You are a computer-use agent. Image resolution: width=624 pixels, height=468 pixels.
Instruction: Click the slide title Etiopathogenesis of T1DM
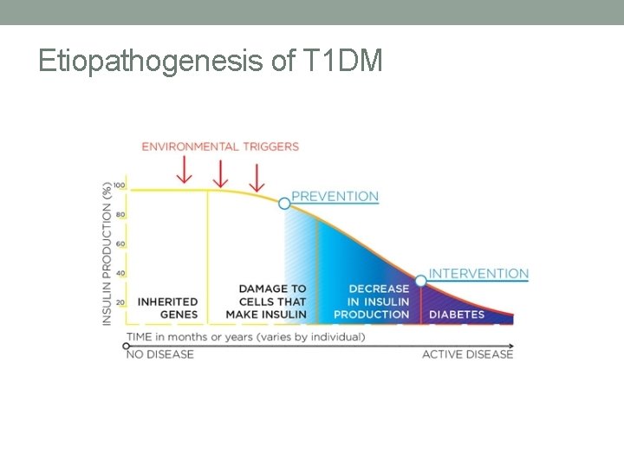[x=210, y=61]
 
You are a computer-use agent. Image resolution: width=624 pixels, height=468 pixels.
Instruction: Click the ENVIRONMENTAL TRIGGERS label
[x=220, y=146]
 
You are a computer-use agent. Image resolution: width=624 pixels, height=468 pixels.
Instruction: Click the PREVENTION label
[x=335, y=196]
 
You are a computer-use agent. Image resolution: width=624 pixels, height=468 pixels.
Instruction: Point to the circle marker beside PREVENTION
[x=284, y=202]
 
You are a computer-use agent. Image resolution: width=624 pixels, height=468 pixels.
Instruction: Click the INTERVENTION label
[x=478, y=274]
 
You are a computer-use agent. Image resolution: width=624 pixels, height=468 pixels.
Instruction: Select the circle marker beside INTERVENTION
[x=420, y=281]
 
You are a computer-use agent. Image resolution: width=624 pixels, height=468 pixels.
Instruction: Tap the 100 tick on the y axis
[x=119, y=185]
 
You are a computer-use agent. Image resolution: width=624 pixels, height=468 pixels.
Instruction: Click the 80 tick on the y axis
[x=120, y=214]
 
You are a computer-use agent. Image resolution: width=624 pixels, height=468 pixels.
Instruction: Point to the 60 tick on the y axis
[x=120, y=244]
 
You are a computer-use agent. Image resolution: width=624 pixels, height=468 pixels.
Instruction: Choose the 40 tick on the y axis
[x=120, y=273]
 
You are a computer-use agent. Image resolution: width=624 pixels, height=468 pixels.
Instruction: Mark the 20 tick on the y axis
[x=120, y=302]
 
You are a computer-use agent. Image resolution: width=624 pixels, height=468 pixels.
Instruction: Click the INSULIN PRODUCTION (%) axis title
[x=107, y=253]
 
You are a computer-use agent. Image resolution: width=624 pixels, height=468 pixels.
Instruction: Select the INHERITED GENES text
[x=168, y=308]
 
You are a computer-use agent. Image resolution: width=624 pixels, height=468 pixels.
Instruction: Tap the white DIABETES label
[x=457, y=314]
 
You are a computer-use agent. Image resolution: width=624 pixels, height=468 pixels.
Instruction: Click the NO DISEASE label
[x=160, y=354]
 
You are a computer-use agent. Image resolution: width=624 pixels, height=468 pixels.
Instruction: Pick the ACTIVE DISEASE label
[x=467, y=354]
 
